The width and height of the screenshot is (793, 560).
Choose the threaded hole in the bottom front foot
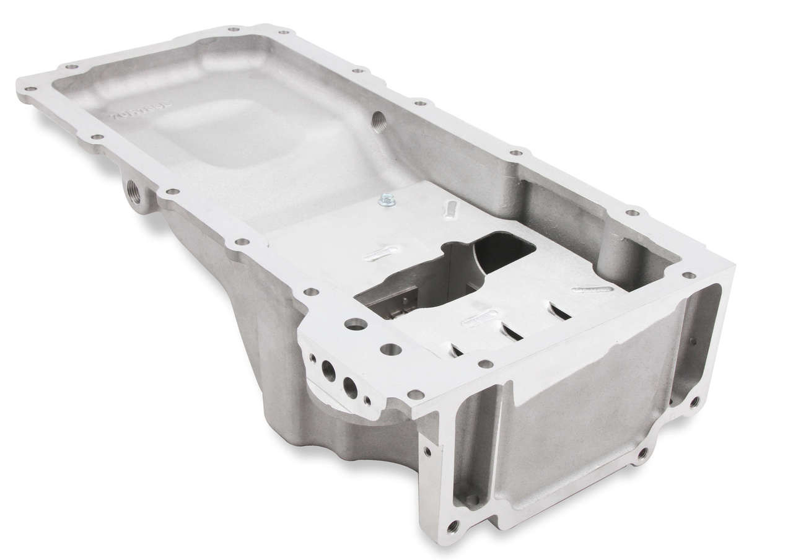[452, 527]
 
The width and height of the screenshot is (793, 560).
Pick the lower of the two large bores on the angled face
[351, 388]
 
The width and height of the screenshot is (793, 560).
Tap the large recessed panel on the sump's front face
[576, 409]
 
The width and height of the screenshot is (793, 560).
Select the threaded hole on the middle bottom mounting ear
[641, 455]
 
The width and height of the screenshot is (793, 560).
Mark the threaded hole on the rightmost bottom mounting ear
[694, 401]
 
